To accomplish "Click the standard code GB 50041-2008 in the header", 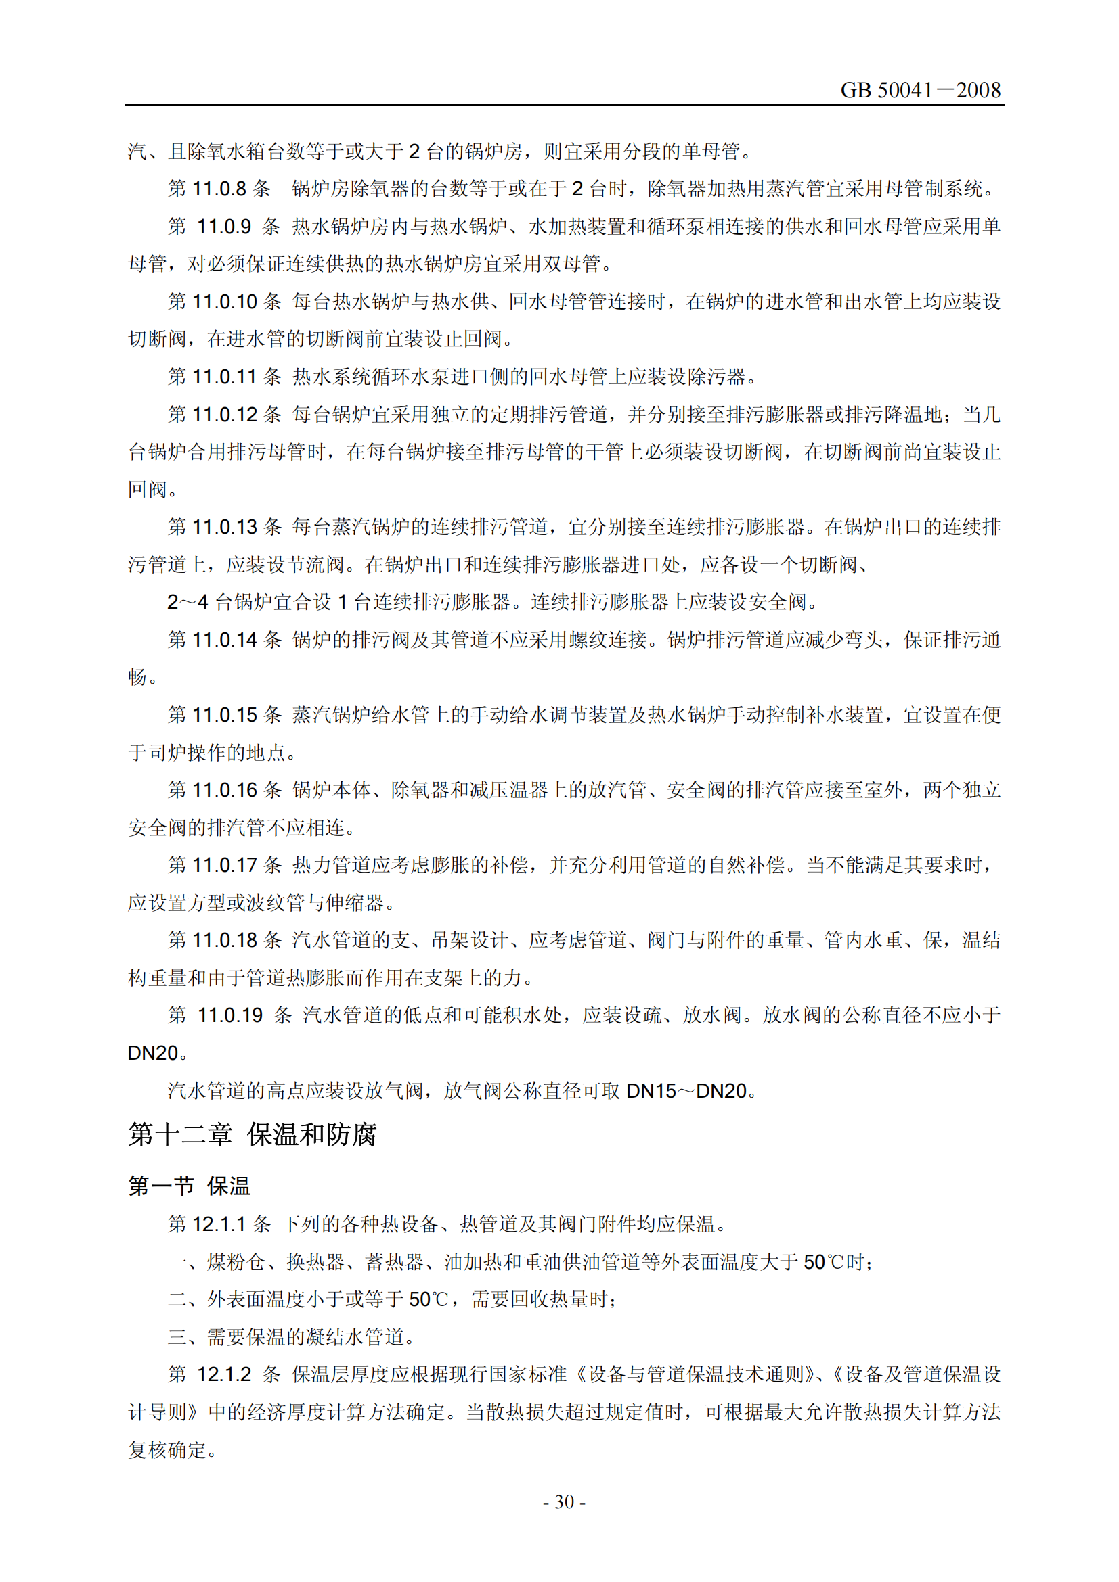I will (x=920, y=90).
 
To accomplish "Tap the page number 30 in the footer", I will (x=564, y=1502).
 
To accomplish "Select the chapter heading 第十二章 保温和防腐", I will (x=253, y=1134).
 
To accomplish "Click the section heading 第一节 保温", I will (x=189, y=1186).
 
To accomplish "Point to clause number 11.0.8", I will (x=219, y=189).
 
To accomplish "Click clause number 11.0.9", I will (x=223, y=226).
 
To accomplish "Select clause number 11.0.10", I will (x=224, y=301).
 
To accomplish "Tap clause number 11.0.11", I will (x=224, y=376).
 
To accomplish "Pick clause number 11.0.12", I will (x=224, y=414).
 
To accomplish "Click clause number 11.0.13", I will (x=224, y=527).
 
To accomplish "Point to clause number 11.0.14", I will (x=224, y=639).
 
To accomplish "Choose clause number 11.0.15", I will (x=224, y=714).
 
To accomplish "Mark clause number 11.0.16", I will (x=224, y=789).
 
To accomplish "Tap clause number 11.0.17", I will (x=224, y=865).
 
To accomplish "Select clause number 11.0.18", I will (x=224, y=940).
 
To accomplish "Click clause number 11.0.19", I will (x=229, y=1015).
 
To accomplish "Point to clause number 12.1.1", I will (x=219, y=1224).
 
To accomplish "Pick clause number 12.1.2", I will (x=223, y=1374).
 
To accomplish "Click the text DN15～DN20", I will (x=686, y=1091).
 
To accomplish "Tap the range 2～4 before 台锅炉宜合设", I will (x=188, y=602).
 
